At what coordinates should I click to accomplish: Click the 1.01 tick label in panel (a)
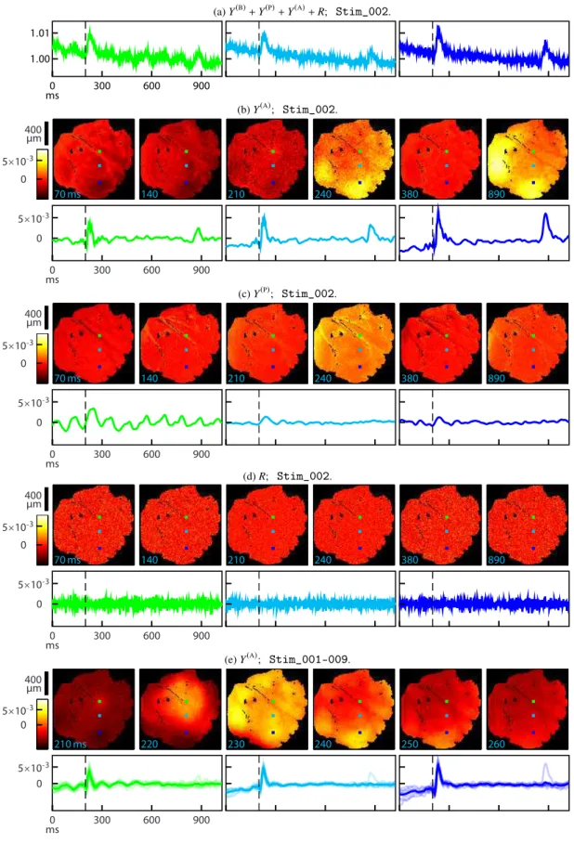coord(39,33)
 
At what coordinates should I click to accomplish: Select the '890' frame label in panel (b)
coord(497,194)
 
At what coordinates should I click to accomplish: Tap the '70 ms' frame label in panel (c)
coord(67,378)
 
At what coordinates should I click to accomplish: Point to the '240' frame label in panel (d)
coord(323,560)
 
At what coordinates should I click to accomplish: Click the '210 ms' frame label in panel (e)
coord(70,744)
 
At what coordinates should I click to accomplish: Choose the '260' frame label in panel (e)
coord(497,744)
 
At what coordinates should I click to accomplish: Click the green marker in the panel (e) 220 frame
coord(187,702)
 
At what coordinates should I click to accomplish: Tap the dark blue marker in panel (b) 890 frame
coord(534,183)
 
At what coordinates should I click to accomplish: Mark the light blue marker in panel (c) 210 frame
coord(273,350)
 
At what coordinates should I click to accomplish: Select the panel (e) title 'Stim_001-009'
coord(309,659)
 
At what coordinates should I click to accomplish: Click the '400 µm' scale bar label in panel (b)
coord(33,134)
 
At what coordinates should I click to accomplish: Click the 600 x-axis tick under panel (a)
coord(151,85)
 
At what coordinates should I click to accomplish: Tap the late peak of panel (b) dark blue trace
coord(545,214)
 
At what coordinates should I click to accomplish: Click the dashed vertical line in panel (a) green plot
coord(85,49)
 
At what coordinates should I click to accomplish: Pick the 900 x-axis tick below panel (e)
coord(202,820)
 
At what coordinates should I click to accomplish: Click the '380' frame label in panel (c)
coord(410,378)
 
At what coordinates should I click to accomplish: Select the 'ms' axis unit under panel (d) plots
coord(52,645)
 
